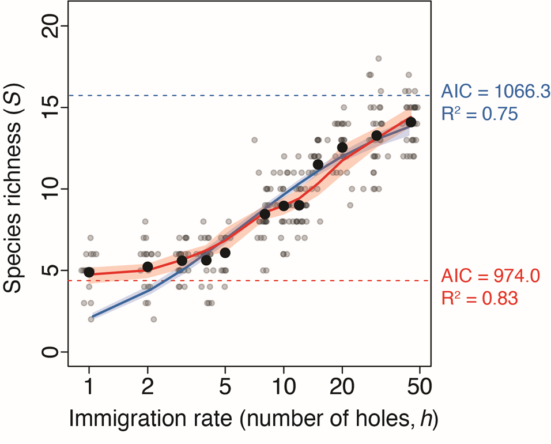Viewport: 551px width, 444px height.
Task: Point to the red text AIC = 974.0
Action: click(x=490, y=276)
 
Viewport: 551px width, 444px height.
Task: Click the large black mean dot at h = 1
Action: click(x=89, y=272)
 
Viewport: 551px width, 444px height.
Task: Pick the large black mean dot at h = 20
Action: click(x=342, y=148)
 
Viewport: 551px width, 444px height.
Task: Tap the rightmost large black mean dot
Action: click(x=411, y=122)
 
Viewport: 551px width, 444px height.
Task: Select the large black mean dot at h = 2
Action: click(x=148, y=266)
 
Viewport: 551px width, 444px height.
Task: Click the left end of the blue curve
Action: click(x=91, y=317)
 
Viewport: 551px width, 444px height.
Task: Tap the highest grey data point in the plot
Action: click(x=379, y=58)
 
